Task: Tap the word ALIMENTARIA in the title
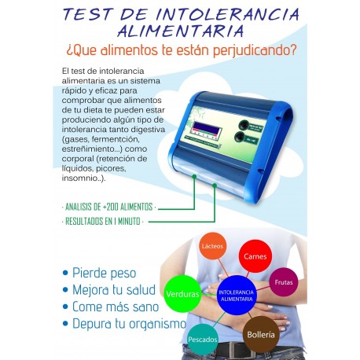180,32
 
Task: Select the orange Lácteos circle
212,247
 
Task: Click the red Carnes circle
259,255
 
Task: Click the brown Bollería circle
261,334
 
